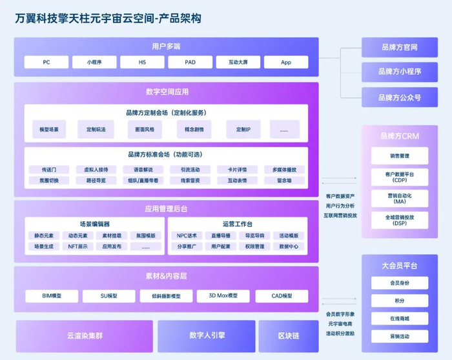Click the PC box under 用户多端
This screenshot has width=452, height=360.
[46, 63]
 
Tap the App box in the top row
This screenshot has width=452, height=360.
[286, 63]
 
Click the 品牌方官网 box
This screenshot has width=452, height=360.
[399, 47]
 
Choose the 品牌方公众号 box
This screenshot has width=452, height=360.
[399, 97]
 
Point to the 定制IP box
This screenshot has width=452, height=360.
[243, 130]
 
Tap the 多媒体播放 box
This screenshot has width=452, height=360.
[284, 170]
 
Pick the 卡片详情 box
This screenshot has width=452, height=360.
[236, 170]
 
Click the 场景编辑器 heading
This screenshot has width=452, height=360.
[94, 224]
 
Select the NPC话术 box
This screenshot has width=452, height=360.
[187, 235]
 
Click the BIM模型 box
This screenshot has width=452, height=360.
[52, 296]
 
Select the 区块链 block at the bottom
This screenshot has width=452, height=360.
[288, 335]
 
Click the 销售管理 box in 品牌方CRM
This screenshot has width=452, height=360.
[399, 155]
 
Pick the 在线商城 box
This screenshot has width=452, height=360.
[399, 319]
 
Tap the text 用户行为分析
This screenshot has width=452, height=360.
[340, 205]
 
